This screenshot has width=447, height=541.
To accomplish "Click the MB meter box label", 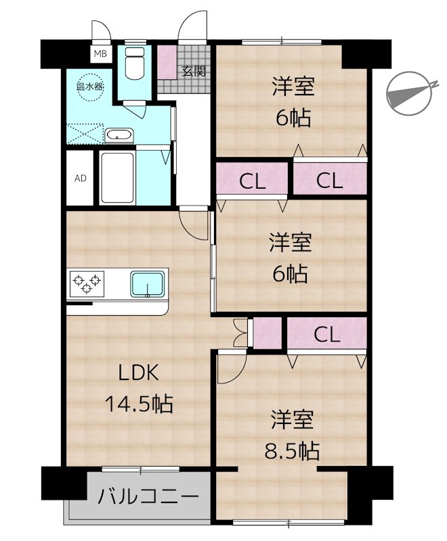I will coord(100,54).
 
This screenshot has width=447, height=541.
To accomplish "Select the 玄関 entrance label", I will coord(193,71).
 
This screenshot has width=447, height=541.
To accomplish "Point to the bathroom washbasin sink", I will coord(120,136).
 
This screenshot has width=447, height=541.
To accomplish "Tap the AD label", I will coord(81,179).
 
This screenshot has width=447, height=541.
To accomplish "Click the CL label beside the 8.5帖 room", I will coord(326,334).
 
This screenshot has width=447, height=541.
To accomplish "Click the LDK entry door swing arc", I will coord(195,225).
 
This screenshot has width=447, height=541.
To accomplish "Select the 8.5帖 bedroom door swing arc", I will coord(232,369).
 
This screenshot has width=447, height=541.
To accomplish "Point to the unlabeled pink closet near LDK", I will coord(265,333).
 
